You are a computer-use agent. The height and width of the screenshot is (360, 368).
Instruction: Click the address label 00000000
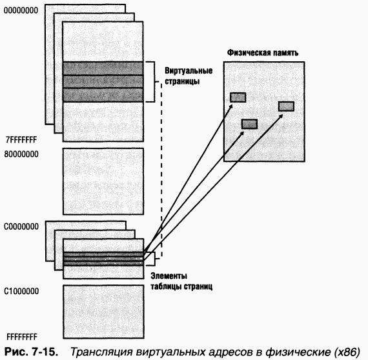(21, 10)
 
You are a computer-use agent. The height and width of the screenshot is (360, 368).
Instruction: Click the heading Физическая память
(262, 53)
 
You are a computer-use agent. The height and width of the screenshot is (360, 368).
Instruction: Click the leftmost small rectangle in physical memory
(238, 97)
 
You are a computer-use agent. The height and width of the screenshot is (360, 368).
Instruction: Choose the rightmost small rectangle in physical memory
(286, 106)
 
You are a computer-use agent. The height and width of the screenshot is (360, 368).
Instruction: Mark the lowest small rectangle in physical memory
(249, 124)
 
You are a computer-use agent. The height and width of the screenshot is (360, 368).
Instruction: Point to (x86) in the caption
(343, 352)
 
